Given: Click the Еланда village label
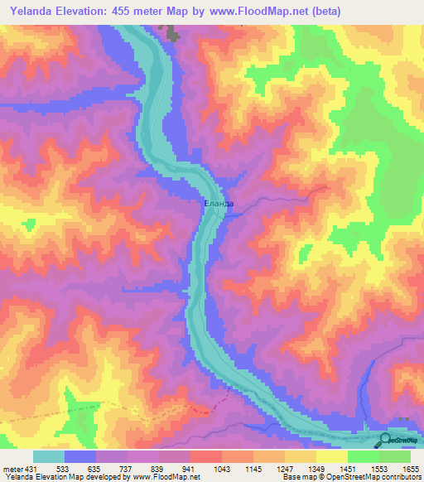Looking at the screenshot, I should pos(219,203).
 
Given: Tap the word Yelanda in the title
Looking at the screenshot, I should pos(37,11).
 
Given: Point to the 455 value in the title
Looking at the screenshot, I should pos(145,11).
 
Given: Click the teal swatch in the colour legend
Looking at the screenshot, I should pos(49,456).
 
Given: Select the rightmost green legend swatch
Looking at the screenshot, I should pos(395,456).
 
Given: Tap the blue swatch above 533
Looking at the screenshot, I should pos(80,456).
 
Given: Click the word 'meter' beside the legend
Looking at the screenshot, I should pos(11,468).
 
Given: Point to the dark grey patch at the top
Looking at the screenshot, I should pos(173,34).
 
